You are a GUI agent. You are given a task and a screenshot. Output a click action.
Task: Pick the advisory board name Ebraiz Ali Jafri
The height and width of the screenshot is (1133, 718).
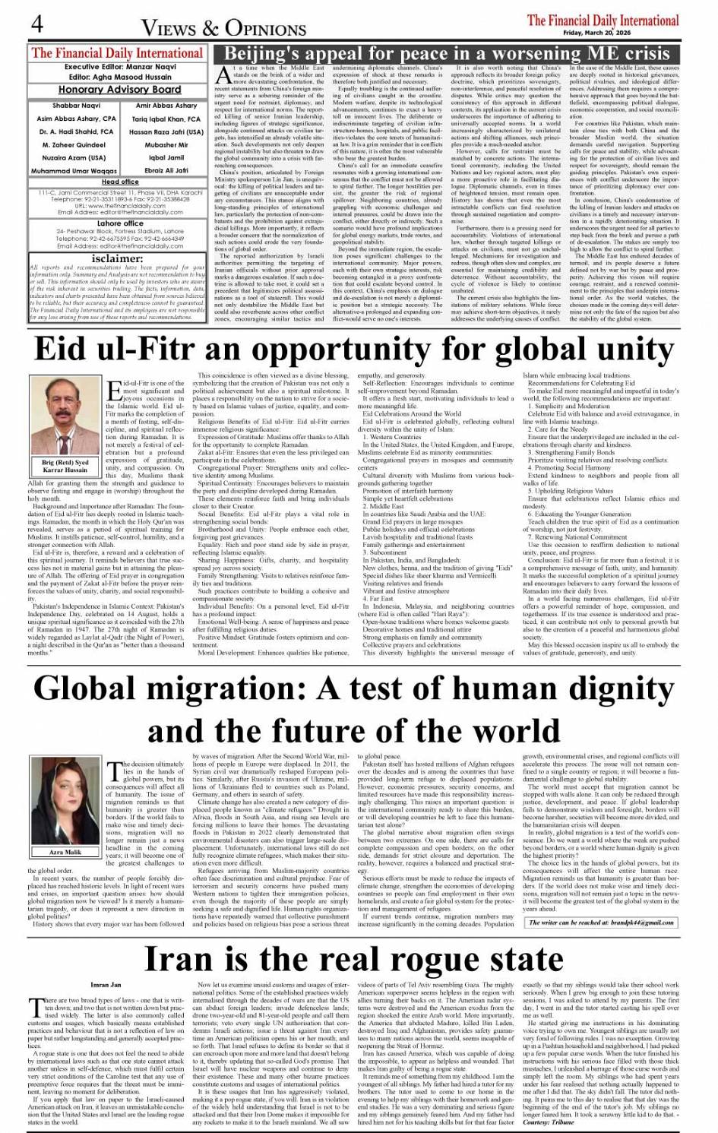(x=166, y=171)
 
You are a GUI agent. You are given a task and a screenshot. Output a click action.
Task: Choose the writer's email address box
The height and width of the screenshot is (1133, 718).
(x=601, y=923)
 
